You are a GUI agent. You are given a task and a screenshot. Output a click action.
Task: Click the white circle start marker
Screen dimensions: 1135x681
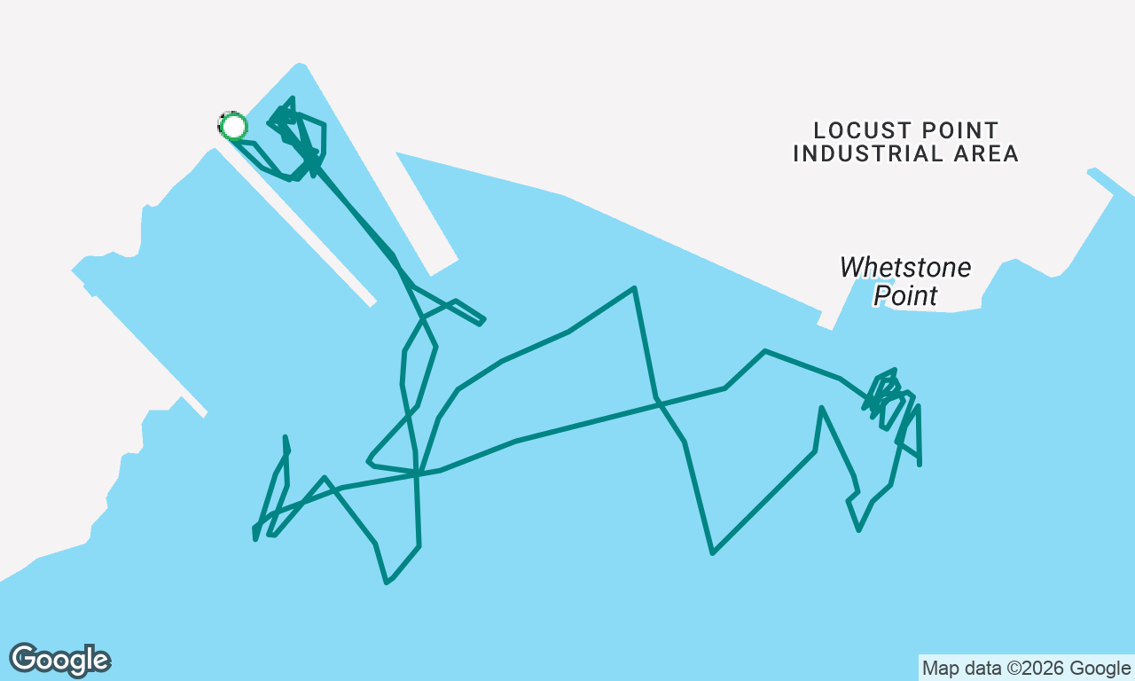pos(233,126)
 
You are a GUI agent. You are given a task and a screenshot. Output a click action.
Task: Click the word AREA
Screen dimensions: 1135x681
pos(986,154)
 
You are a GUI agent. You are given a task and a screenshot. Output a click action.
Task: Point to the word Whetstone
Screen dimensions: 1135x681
pos(905,267)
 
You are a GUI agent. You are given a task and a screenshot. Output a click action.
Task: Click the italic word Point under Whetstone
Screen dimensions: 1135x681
pos(905,295)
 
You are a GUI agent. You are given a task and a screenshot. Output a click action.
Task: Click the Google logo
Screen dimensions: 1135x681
pos(59,660)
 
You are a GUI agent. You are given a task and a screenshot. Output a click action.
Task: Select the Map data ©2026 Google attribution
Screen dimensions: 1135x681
pos(1027,668)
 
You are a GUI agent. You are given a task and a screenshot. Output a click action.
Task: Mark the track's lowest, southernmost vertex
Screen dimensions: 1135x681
pos(387,583)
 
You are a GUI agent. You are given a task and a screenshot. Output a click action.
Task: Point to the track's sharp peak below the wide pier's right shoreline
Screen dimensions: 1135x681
pos(634,288)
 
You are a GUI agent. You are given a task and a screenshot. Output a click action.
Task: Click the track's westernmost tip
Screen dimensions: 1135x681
pos(254,539)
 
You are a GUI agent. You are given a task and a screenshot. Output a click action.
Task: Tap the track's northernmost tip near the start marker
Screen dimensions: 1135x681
pos(293,98)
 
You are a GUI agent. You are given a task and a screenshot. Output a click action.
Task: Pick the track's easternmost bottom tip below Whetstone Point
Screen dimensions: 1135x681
pos(920,464)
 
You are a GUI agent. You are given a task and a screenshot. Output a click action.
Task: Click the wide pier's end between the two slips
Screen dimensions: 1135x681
pos(444,268)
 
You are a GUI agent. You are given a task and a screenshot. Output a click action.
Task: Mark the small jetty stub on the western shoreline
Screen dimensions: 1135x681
pos(193,406)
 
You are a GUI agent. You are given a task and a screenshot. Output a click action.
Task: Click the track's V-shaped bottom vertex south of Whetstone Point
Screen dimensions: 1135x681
pos(712,552)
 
